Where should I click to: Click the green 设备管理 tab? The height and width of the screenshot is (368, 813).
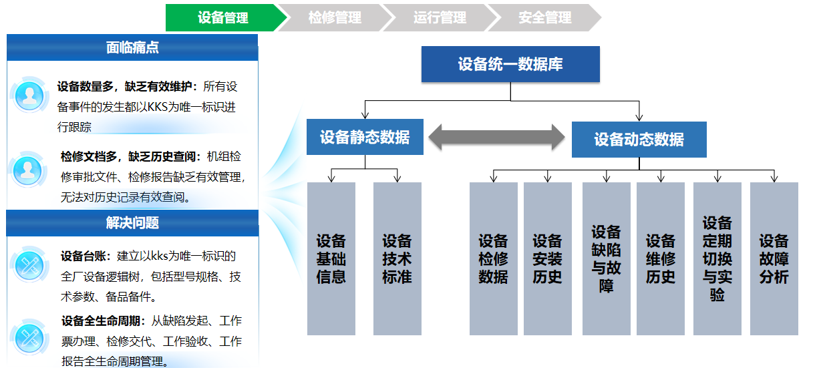(x=222, y=17)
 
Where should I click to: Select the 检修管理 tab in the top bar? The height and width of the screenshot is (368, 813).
(x=334, y=17)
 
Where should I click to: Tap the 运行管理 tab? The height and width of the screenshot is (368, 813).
(x=439, y=17)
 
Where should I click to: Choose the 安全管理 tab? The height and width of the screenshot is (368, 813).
(x=544, y=17)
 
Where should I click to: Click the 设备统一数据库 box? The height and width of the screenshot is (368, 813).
(x=510, y=64)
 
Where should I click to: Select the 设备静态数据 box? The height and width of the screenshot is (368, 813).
(x=365, y=138)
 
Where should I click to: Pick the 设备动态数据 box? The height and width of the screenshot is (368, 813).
(x=639, y=140)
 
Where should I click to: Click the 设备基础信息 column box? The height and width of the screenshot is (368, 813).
(x=331, y=258)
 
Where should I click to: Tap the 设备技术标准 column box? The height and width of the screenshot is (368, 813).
(x=397, y=258)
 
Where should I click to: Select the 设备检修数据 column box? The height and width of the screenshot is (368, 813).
(x=493, y=258)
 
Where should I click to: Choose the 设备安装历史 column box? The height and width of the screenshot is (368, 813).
(x=547, y=258)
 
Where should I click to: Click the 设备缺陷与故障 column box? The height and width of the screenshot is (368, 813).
(x=606, y=258)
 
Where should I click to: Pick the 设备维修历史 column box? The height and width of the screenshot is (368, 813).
(x=660, y=258)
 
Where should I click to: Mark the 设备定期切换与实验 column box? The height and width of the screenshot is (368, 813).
(x=717, y=258)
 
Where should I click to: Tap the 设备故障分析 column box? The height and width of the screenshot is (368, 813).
(x=774, y=258)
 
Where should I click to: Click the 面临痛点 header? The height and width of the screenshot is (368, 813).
(x=132, y=47)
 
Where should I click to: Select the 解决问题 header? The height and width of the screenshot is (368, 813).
(x=132, y=223)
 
